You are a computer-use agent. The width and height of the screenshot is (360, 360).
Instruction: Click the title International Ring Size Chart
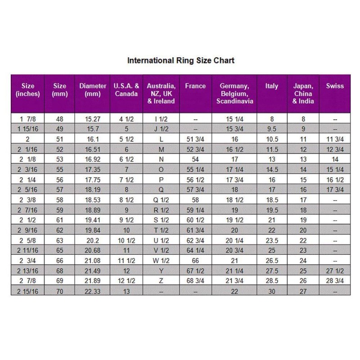pos(181,60)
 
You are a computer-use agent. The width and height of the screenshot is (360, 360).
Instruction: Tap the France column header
pos(195,86)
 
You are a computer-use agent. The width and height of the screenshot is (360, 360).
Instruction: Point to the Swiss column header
pos(335,86)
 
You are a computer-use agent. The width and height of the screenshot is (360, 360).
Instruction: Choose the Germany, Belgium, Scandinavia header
pos(234,93)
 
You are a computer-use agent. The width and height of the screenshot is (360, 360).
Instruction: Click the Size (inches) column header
pos(28,90)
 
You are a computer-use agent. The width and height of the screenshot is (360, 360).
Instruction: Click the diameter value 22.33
pos(92,291)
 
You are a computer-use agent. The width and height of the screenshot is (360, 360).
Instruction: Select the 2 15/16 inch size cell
pos(28,291)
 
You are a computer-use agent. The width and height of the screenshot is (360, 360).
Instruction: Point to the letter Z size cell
pos(161,281)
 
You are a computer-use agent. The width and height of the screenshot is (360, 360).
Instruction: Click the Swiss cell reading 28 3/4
pos(335,281)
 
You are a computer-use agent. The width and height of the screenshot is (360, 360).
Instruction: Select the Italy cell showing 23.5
pos(272,241)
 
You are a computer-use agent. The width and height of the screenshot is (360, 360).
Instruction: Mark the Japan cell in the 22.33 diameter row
pos(303,291)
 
